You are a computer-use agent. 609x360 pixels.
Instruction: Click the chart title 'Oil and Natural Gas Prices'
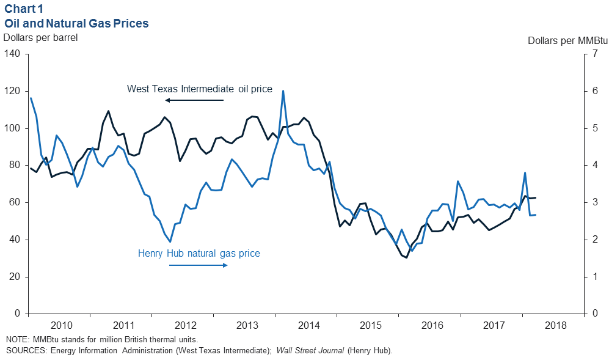(77, 23)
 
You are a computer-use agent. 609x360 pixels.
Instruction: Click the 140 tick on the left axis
(13, 54)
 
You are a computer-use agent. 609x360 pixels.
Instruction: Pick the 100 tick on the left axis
(13, 128)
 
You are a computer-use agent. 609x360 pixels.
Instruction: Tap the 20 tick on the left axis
(16, 277)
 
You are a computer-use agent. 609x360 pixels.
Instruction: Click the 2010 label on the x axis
(61, 325)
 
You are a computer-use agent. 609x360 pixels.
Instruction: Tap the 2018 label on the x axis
(555, 325)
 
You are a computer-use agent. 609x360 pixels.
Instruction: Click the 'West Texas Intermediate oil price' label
(199, 89)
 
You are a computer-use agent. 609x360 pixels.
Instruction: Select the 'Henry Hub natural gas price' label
(199, 253)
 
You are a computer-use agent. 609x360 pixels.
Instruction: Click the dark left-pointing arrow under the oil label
(195, 100)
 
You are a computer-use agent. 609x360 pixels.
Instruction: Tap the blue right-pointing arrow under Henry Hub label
(199, 265)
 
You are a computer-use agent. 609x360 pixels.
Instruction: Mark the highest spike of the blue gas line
(283, 91)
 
